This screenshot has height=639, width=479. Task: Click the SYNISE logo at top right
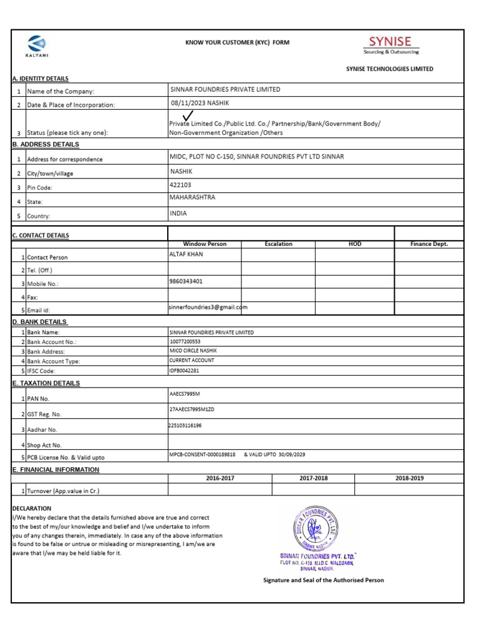coord(391,44)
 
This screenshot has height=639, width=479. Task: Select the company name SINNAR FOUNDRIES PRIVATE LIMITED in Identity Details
coord(225,89)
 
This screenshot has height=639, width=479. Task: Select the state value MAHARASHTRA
coord(192,197)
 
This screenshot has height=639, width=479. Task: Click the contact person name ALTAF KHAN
coord(186,254)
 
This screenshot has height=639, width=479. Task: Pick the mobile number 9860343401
coord(186,281)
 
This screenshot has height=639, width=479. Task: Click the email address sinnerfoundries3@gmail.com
coord(208,307)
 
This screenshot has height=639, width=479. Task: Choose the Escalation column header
coord(278,244)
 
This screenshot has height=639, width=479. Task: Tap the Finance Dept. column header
coord(428,244)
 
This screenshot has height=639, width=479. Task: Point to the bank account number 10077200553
coord(185,342)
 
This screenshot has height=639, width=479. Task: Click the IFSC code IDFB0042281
coord(184,370)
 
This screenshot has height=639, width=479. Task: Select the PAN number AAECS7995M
coord(185,394)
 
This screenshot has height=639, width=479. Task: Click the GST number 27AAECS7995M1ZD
coord(191,409)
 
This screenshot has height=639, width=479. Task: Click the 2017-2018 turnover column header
coord(313,478)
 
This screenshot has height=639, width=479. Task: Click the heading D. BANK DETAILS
coord(40,322)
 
